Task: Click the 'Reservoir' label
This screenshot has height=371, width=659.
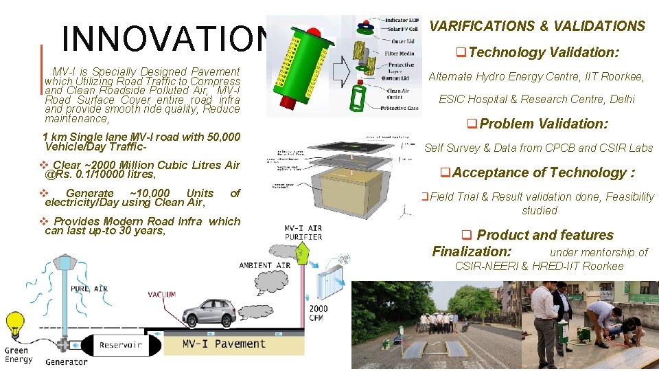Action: (120, 345)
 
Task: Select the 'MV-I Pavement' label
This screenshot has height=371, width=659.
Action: (224, 344)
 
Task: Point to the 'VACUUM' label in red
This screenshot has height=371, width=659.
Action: (162, 294)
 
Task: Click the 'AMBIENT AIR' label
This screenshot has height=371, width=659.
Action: (264, 265)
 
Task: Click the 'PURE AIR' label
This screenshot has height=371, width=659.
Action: (89, 289)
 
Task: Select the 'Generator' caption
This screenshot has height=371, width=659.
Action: (66, 361)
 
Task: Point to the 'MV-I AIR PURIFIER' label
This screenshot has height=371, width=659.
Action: (303, 232)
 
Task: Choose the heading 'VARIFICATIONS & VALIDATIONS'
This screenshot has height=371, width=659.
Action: (537, 26)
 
